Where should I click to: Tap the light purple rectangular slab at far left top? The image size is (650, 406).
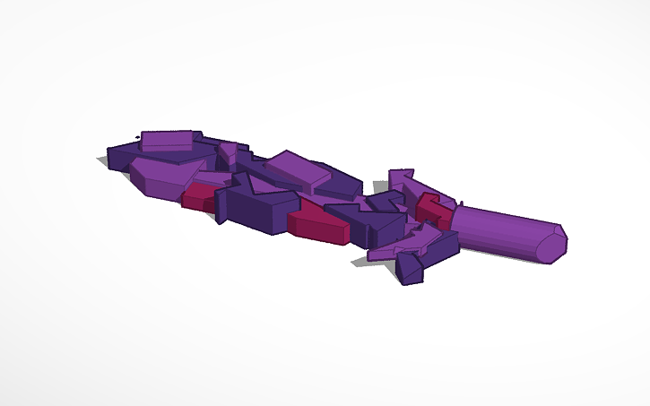[169, 140]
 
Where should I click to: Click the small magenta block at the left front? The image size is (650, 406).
[195, 198]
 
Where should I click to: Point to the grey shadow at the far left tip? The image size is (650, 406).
[105, 162]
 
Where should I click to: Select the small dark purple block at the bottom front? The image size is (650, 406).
[410, 270]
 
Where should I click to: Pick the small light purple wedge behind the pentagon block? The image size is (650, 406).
[229, 152]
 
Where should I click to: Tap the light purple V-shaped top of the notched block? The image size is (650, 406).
[261, 187]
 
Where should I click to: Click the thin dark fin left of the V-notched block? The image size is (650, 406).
[221, 209]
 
